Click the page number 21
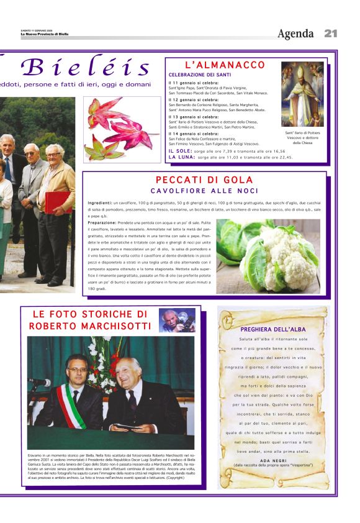click(330, 34)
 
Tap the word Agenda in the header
click(295, 34)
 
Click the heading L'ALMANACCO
click(225, 65)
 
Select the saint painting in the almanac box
click(302, 94)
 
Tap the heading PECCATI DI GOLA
click(204, 180)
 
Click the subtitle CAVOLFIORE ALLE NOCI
click(204, 191)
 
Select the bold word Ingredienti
click(99, 203)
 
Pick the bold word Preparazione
click(102, 222)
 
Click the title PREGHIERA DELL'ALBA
click(274, 329)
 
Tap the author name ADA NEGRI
click(273, 460)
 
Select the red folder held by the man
click(59, 202)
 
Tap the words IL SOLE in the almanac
click(180, 151)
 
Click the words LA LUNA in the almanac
click(181, 157)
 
